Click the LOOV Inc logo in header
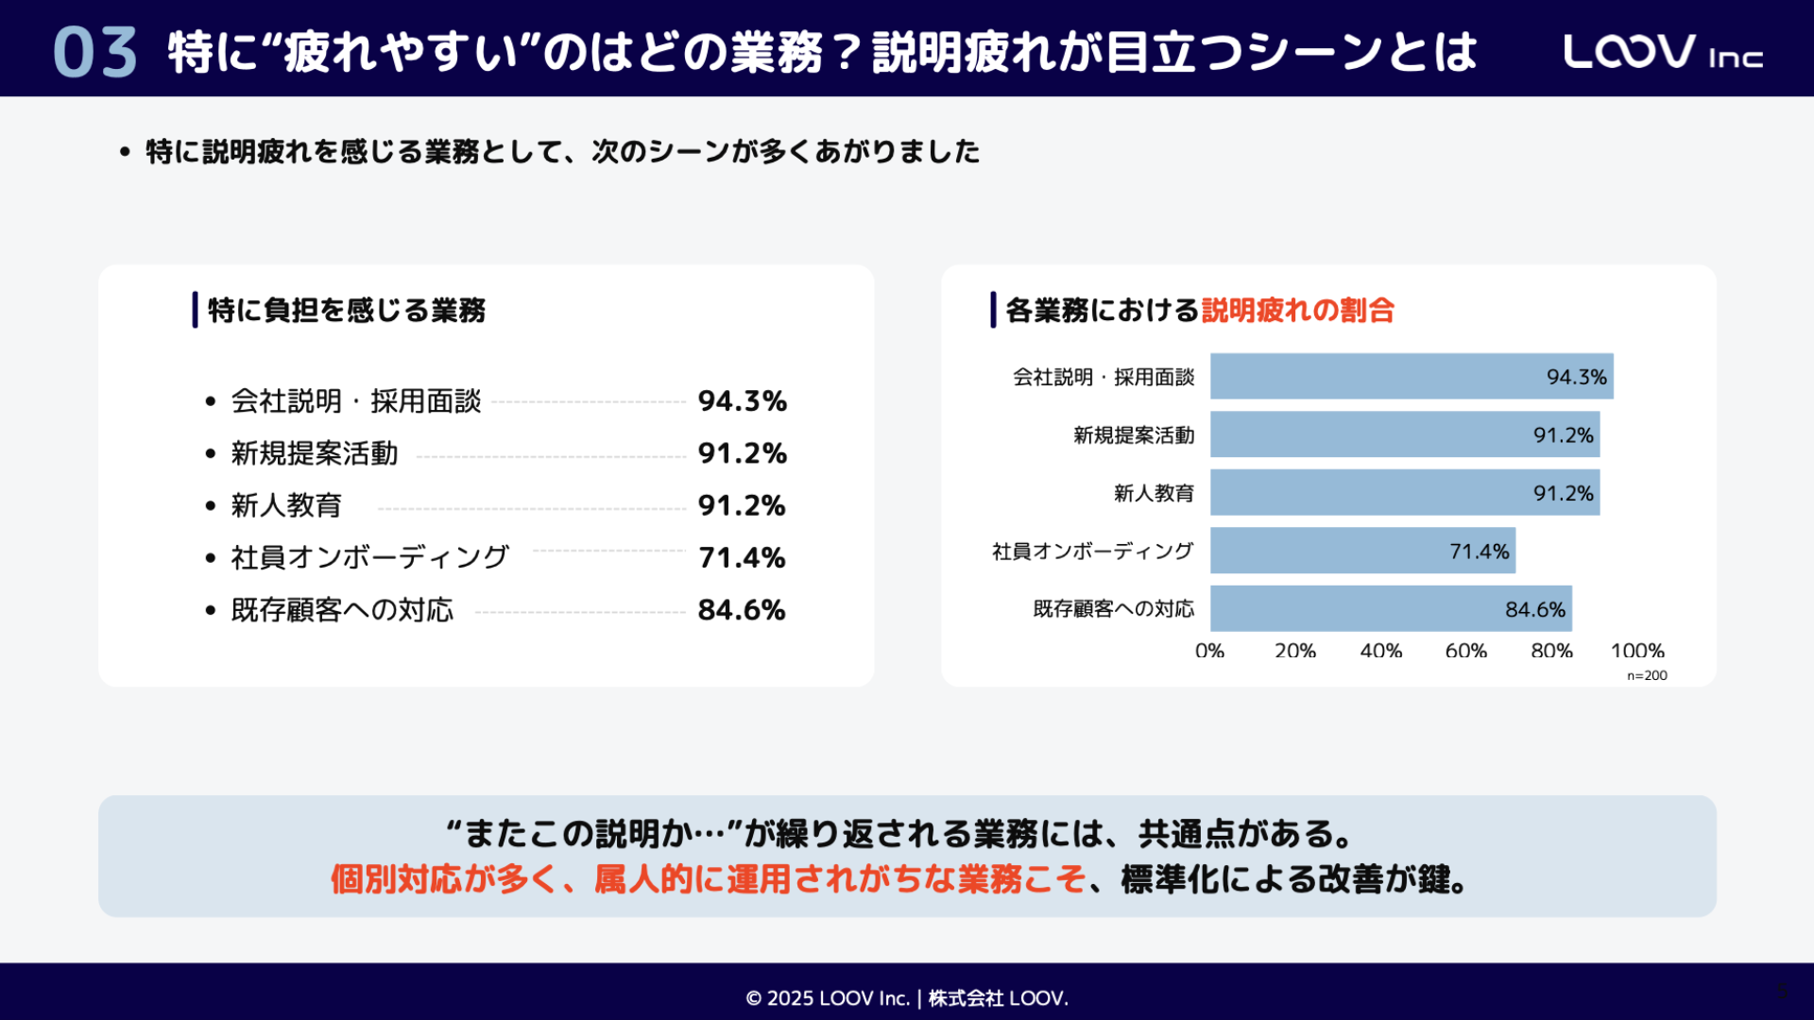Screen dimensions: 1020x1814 coord(1662,52)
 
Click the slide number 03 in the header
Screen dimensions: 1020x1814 coord(94,52)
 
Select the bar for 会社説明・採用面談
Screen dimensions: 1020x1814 coord(1411,377)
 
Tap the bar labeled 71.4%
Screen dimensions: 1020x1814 coord(1362,551)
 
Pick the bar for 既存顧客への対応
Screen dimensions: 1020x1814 coord(1390,609)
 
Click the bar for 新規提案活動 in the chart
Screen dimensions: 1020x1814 coord(1404,434)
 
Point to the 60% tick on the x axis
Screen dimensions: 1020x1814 coord(1465,651)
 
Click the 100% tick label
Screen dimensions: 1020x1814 coord(1636,651)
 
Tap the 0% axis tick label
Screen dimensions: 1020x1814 coord(1209,651)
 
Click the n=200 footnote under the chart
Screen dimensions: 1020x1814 coord(1647,675)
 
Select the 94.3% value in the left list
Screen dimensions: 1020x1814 coord(742,401)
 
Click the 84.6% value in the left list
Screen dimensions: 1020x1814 coord(742,610)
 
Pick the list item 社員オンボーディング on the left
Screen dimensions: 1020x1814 coord(369,557)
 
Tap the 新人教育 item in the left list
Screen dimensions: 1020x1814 coord(286,505)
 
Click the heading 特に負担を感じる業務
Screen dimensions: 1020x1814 coord(346,310)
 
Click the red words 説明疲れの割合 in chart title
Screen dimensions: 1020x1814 coord(1297,310)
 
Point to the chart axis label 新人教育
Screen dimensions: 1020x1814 coord(1153,493)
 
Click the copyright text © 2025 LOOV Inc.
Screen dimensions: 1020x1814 coord(827,998)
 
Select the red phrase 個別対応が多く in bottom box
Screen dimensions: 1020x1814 coord(441,879)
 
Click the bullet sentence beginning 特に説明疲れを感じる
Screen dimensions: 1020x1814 coord(562,151)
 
